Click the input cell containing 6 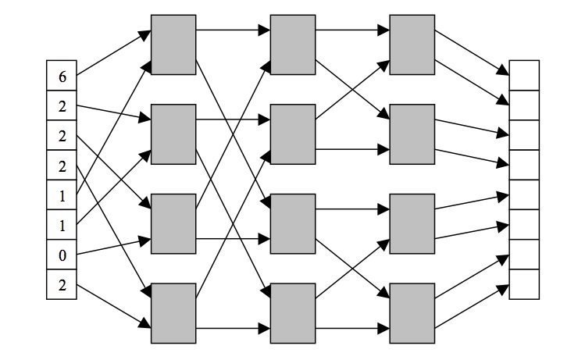[62, 76]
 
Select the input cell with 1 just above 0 [62, 226]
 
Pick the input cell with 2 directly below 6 [62, 105]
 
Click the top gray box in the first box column [173, 44]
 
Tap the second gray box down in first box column [173, 134]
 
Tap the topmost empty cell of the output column [524, 76]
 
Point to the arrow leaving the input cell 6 [113, 53]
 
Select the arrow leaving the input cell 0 [113, 246]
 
